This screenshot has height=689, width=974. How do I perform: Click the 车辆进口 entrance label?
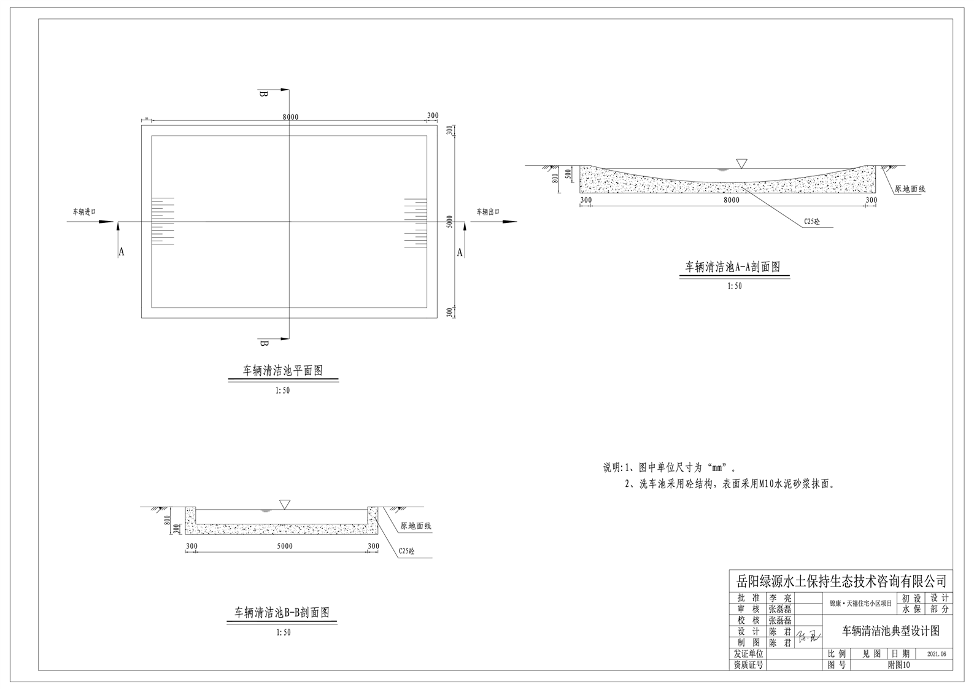(x=85, y=212)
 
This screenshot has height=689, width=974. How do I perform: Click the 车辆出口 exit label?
(x=489, y=212)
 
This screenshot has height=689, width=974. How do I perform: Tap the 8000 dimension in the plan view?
(x=290, y=117)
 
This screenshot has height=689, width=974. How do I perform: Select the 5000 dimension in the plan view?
(x=450, y=222)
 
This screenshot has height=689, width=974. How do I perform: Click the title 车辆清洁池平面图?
(x=283, y=371)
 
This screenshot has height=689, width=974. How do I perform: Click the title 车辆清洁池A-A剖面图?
(x=733, y=267)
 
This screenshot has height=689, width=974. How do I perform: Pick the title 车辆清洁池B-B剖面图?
(x=282, y=613)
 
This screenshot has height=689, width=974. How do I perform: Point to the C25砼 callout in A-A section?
(x=811, y=222)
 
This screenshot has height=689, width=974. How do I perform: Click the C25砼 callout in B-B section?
(x=406, y=551)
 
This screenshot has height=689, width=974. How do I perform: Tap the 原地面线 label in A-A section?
(x=910, y=189)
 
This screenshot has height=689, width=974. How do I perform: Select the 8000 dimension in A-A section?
(x=731, y=200)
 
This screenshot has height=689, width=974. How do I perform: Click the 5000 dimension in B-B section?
(x=285, y=546)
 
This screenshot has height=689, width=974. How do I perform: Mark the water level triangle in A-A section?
(x=742, y=163)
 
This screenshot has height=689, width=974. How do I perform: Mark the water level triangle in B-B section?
(x=284, y=504)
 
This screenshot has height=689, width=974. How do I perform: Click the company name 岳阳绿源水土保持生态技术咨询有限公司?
(x=841, y=580)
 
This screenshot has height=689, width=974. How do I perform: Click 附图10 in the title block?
(x=899, y=665)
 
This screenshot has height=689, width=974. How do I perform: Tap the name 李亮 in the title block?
(x=780, y=598)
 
